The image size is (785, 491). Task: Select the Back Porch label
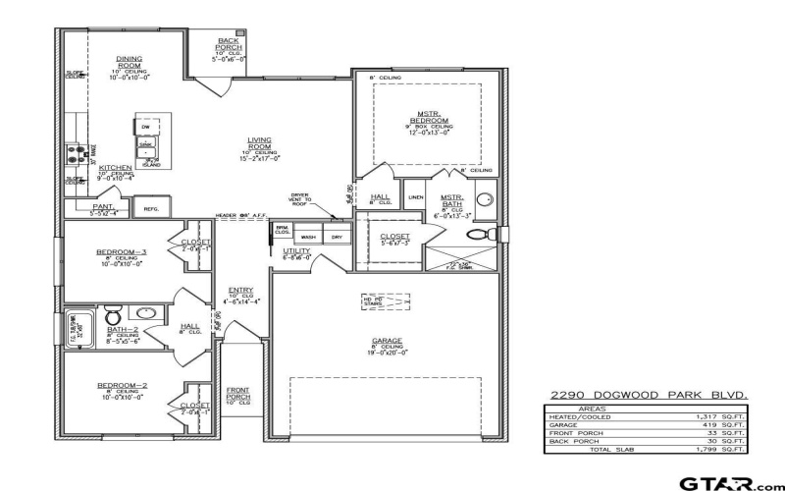(x=228, y=44)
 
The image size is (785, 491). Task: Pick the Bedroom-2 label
(x=121, y=385)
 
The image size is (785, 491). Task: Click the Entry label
(x=240, y=290)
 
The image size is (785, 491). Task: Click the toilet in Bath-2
(x=113, y=317)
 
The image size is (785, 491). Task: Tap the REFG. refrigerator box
(x=151, y=208)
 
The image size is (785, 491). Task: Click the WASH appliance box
(x=308, y=237)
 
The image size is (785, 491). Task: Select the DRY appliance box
(x=336, y=237)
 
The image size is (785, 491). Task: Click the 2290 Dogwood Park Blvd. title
(x=651, y=395)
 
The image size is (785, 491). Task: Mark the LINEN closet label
(x=416, y=196)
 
